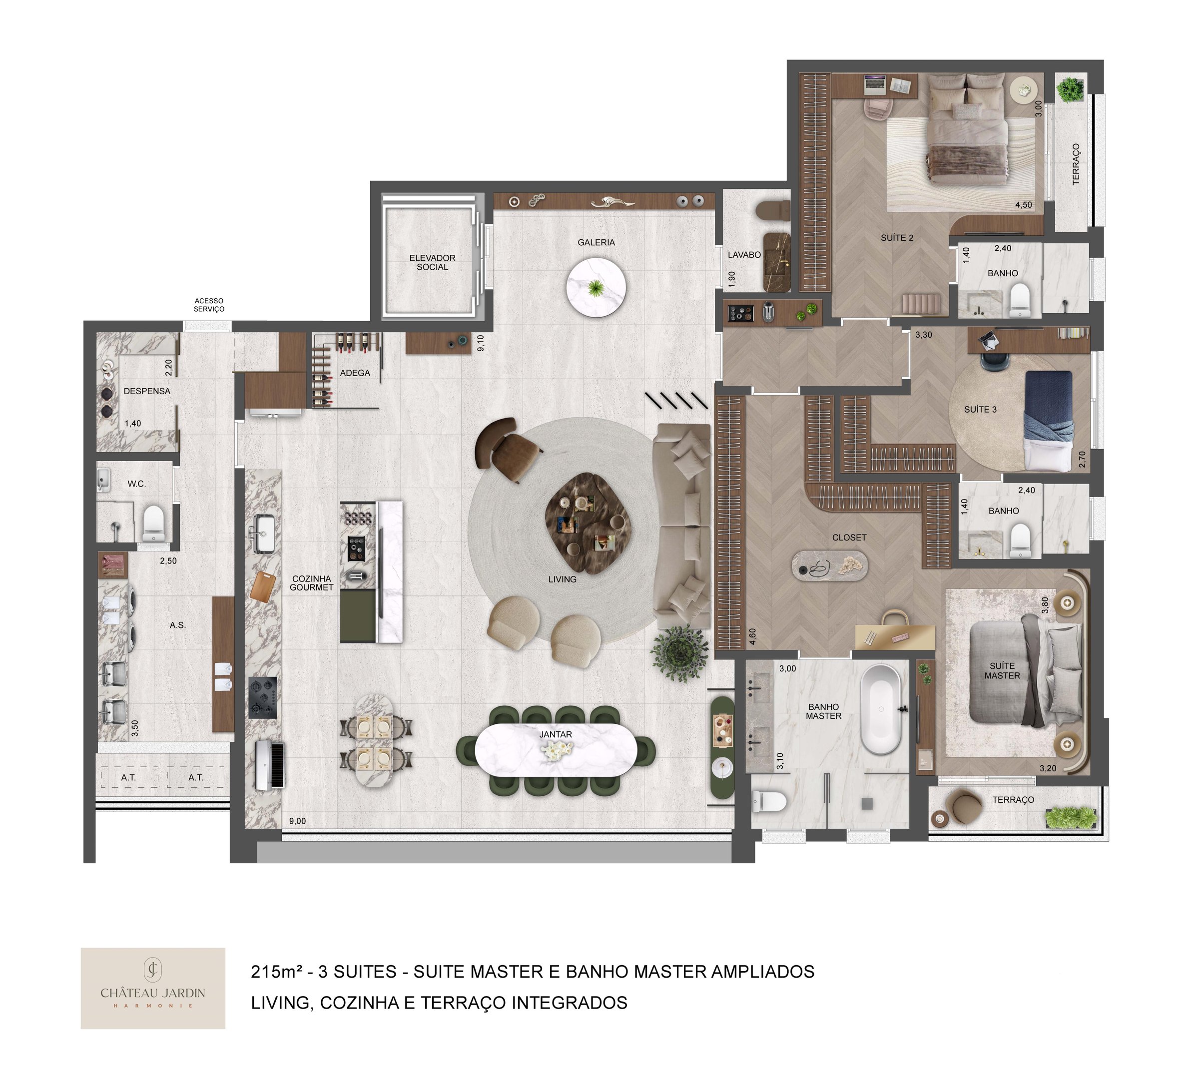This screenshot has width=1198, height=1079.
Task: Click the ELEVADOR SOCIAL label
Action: [432, 263]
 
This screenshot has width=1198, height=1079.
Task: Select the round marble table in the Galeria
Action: [596, 288]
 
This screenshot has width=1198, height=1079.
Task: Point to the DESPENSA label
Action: [146, 391]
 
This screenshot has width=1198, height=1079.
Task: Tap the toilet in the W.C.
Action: [153, 523]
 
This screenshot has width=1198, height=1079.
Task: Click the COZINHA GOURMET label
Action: [311, 583]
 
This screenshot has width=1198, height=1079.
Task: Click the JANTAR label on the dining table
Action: [556, 734]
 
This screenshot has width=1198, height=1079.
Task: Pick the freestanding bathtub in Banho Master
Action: [881, 709]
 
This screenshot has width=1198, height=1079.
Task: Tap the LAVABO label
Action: [744, 255]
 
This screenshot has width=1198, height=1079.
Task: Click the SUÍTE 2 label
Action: [896, 238]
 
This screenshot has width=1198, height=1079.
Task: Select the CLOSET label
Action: [849, 538]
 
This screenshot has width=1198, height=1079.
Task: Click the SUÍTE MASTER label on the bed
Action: [1002, 670]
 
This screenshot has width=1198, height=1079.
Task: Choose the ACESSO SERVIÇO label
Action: [209, 305]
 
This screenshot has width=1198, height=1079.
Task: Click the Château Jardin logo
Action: [153, 988]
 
